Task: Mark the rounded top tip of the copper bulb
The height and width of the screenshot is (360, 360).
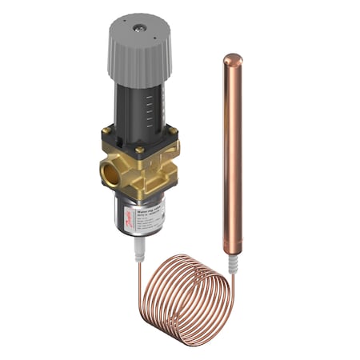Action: [232, 58]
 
